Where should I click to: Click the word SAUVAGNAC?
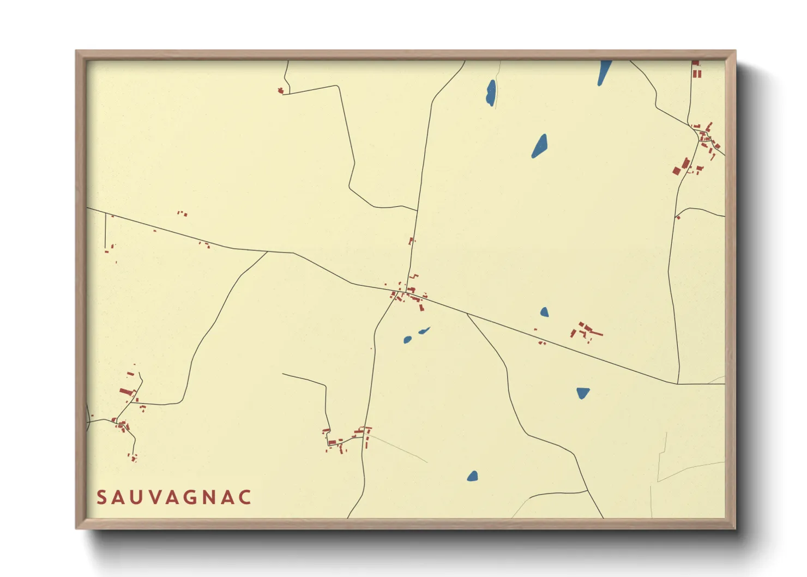pos(174,497)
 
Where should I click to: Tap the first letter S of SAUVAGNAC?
pos(101,497)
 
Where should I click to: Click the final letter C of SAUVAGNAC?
pos(245,497)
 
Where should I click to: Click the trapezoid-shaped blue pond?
pos(583,392)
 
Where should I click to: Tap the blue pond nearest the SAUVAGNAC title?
pos(472,476)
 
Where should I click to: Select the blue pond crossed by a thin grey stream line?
pos(491,93)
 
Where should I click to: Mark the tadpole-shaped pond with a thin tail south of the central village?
pos(423,330)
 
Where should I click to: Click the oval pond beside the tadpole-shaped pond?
pos(407,340)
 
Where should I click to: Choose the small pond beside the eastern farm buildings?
pos(544,312)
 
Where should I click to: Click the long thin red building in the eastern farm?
pos(594,332)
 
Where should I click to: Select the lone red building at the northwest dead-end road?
pos(281,91)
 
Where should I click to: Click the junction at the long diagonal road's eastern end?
pos(678,383)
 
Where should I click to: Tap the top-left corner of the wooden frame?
pos(77,51)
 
